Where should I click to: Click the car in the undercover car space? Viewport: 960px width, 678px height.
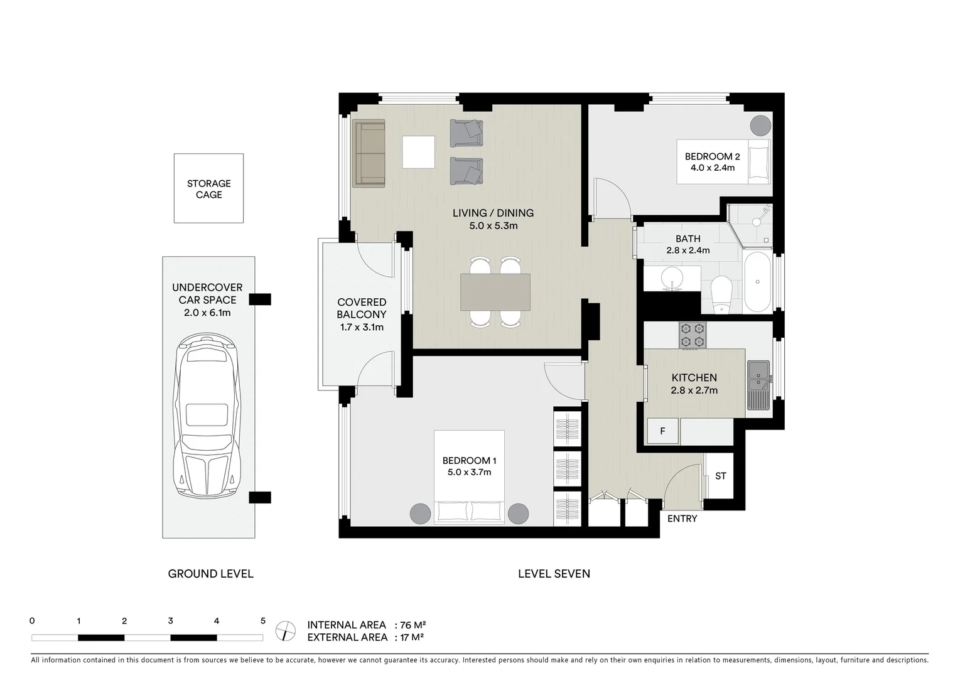207,416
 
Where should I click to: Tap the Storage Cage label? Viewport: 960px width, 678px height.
208,189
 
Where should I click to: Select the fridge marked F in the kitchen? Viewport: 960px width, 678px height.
662,431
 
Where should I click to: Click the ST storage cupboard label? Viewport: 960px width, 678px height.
720,476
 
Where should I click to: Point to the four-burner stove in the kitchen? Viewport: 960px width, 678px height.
693,335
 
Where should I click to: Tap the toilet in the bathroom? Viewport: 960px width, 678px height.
721,295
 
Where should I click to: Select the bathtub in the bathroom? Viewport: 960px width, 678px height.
757,282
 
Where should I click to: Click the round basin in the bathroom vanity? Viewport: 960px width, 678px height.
672,279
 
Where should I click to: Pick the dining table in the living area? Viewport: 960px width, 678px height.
495,292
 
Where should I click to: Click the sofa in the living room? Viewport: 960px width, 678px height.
369,153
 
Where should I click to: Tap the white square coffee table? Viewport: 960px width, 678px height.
418,152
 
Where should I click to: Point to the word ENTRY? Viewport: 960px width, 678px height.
682,519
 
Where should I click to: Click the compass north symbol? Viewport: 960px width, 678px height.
286,631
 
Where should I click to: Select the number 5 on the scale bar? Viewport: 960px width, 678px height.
262,621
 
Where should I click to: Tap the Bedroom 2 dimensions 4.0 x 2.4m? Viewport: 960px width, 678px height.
712,168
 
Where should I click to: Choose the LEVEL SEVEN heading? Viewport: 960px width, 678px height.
554,574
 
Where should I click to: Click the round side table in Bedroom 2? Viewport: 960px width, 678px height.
761,126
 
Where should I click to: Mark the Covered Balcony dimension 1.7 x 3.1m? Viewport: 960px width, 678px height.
362,328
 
